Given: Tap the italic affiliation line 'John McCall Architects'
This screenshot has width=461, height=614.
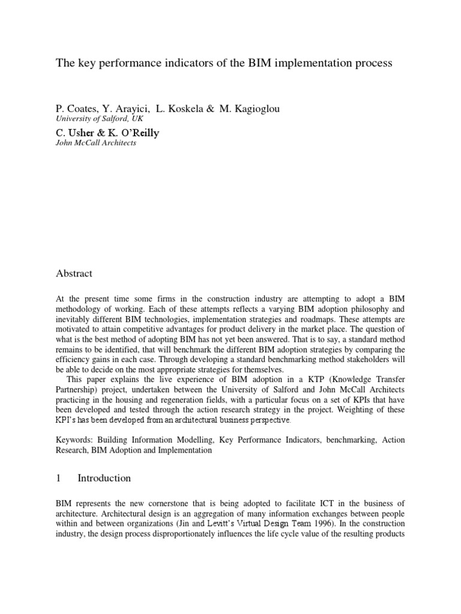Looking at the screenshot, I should pyautogui.click(x=95, y=143).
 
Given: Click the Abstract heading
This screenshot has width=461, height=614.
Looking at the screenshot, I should pyautogui.click(x=74, y=273).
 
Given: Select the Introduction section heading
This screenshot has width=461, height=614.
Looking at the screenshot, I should pyautogui.click(x=104, y=478).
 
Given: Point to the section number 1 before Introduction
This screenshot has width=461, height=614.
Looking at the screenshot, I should pyautogui.click(x=58, y=478).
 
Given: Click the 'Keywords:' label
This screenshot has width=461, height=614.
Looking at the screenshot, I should pyautogui.click(x=76, y=440).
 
